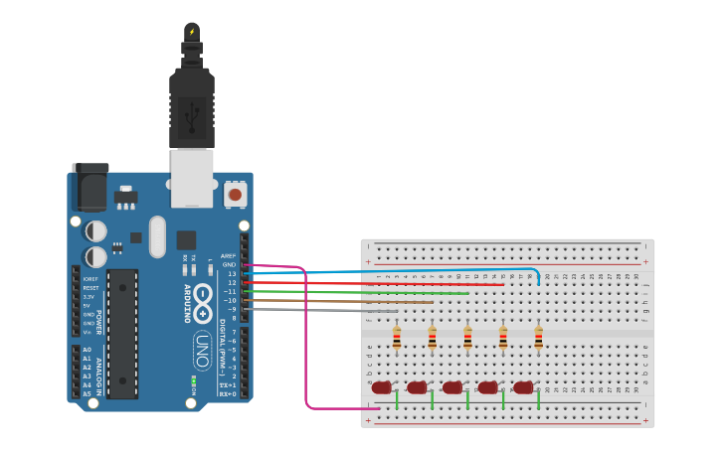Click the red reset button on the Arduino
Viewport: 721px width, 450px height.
point(236,195)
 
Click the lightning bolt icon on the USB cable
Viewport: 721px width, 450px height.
point(192,32)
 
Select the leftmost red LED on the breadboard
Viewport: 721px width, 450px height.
point(382,387)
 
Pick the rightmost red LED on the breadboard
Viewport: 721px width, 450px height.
point(523,387)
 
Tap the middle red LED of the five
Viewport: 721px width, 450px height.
point(452,387)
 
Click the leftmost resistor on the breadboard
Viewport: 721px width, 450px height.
point(397,339)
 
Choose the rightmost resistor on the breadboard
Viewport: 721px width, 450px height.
point(539,339)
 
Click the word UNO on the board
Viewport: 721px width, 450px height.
point(201,350)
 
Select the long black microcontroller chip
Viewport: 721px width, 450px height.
point(122,333)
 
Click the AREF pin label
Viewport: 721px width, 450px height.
point(229,255)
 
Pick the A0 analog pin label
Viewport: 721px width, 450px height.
point(87,350)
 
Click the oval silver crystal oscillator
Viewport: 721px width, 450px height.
point(157,236)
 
